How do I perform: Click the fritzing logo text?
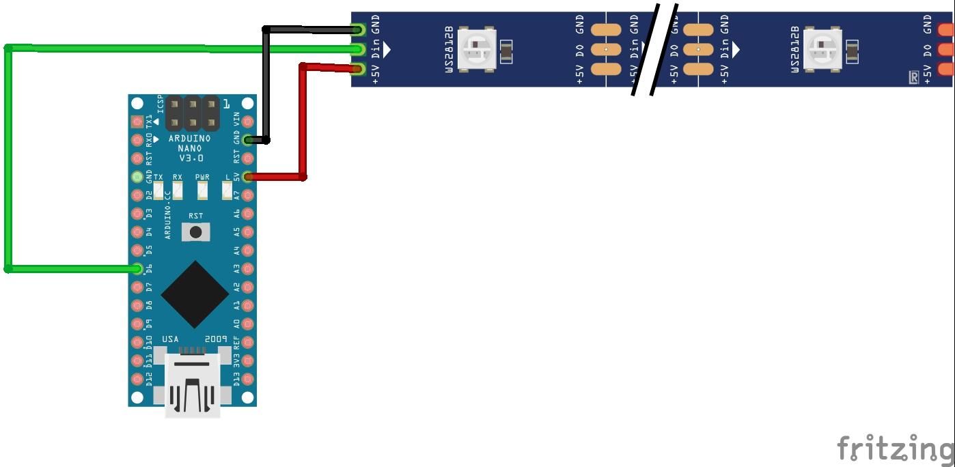[895, 449]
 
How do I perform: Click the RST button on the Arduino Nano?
[195, 231]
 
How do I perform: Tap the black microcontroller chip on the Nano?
[195, 294]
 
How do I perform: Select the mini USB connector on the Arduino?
[193, 386]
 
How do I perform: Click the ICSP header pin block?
[192, 113]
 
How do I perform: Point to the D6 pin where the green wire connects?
[139, 269]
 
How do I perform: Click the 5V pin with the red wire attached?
[248, 177]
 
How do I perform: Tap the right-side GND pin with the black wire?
[248, 140]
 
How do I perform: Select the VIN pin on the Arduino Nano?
[248, 122]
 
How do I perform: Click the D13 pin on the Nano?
[248, 380]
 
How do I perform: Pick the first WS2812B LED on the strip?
[476, 49]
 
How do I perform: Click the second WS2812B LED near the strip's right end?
[822, 49]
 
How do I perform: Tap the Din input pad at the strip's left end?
[358, 49]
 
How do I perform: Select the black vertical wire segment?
[266, 85]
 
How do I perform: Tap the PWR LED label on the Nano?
[202, 178]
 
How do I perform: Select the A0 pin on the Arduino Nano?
[248, 324]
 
